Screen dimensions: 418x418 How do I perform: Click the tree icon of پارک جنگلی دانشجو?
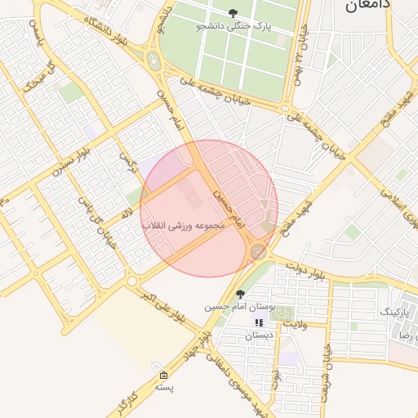[234, 13]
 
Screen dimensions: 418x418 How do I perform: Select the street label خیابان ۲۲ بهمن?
[303, 52]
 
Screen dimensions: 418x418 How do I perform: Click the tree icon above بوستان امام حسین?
[239, 294]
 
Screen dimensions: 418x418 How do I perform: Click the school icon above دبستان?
[259, 323]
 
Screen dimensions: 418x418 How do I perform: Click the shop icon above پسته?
[164, 376]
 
